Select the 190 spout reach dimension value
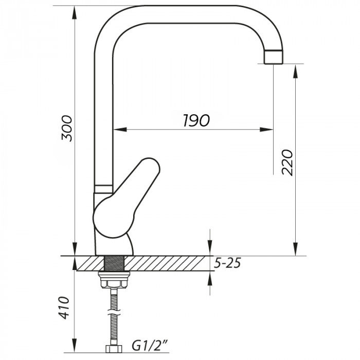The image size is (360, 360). tap(196, 121)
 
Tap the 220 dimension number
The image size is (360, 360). tap(288, 162)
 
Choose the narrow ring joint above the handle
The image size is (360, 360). tap(103, 185)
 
